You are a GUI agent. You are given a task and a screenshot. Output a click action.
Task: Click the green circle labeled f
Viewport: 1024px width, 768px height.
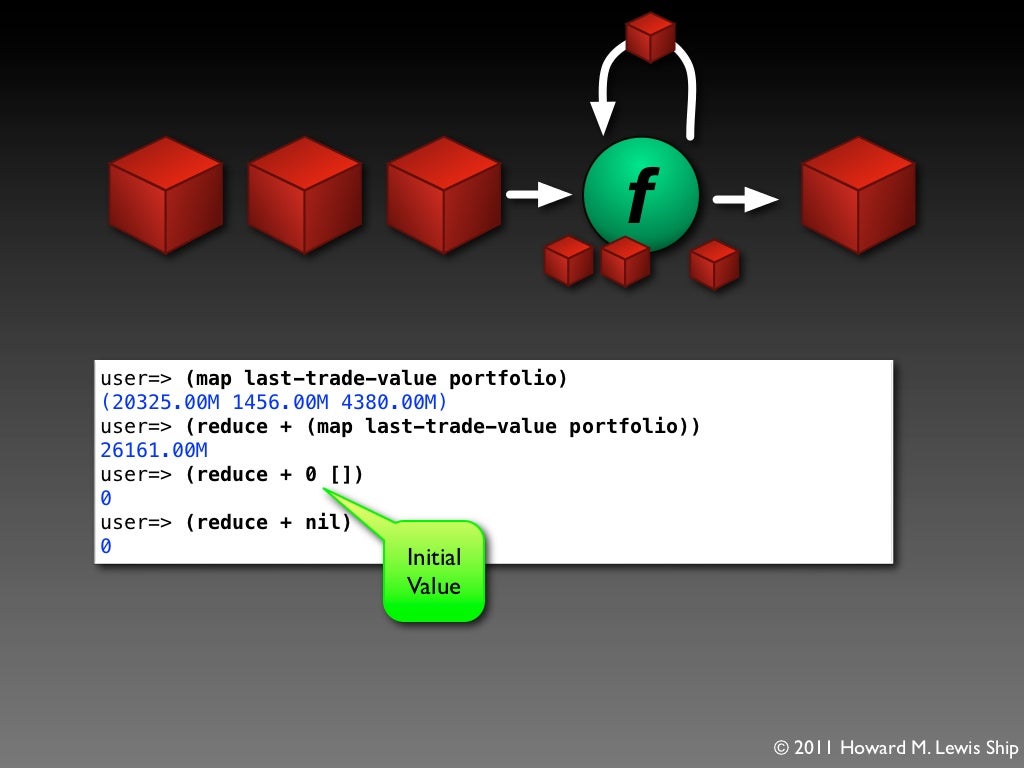point(641,195)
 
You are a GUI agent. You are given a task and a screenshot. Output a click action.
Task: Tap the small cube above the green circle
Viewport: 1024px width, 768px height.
point(650,37)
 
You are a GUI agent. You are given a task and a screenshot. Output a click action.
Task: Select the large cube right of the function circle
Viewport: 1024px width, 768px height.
point(858,195)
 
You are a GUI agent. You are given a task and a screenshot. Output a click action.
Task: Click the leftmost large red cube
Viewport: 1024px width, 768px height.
point(165,195)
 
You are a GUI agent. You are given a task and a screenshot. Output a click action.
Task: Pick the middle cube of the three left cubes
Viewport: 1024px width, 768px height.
point(304,195)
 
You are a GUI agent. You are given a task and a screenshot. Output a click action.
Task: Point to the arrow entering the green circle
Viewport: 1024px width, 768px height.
point(539,194)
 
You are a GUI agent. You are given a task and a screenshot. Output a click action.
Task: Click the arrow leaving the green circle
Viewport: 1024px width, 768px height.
point(745,199)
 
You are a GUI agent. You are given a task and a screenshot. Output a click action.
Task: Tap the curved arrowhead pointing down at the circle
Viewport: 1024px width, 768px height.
point(603,118)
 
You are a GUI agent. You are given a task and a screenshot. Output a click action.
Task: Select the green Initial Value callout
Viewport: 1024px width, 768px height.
point(434,570)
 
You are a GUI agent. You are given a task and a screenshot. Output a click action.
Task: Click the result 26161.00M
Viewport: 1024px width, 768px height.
point(154,450)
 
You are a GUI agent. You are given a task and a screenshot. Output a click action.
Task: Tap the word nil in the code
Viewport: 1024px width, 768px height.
point(322,522)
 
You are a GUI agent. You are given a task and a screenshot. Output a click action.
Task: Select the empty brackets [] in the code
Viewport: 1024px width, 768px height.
point(341,474)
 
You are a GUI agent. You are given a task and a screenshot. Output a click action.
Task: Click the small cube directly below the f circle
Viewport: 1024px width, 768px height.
point(625,261)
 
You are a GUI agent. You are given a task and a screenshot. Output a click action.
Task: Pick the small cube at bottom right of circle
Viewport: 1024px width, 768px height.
point(714,264)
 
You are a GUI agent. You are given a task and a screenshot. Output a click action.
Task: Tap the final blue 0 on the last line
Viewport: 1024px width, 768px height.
point(106,546)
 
